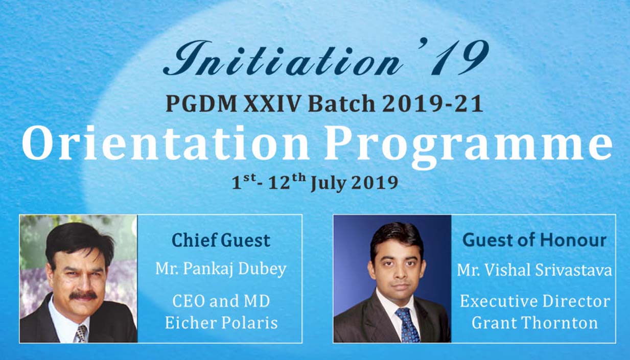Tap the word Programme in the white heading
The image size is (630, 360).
[x=469, y=149]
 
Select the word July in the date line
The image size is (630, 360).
[x=328, y=183]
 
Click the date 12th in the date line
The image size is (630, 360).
[x=287, y=182]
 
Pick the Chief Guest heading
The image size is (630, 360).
[x=221, y=241]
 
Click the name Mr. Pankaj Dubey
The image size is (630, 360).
[x=221, y=269]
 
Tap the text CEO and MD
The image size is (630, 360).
[x=221, y=301]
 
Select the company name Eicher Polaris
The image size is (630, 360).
[x=221, y=323]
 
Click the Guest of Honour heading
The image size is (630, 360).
[x=534, y=241]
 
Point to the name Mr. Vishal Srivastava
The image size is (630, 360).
[x=534, y=270]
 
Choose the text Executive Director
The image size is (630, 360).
[x=535, y=301]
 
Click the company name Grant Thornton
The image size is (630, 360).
[x=534, y=323]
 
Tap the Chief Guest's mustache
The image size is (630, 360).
[x=83, y=295]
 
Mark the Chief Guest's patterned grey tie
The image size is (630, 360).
[x=81, y=334]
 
